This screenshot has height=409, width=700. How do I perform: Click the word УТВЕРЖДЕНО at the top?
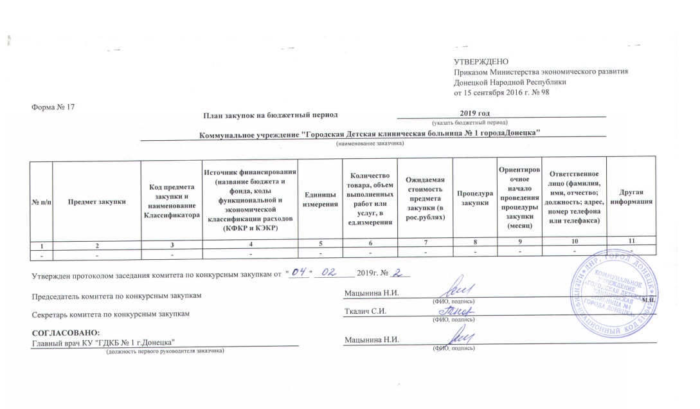click(x=476, y=61)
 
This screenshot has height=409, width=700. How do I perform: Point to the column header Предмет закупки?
click(x=96, y=201)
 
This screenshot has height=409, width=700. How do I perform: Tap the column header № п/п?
click(x=41, y=201)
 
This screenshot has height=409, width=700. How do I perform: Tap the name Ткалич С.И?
click(x=366, y=313)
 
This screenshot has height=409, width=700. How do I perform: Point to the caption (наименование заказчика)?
click(x=370, y=143)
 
